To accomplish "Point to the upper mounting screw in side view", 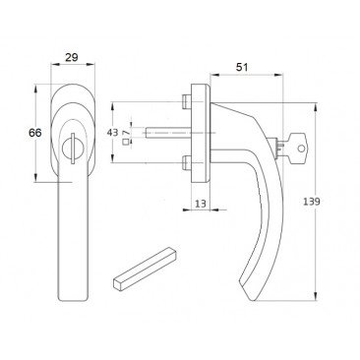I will [186, 100].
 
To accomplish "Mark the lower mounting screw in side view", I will [186, 162].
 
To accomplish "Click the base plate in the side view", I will [201, 131].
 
